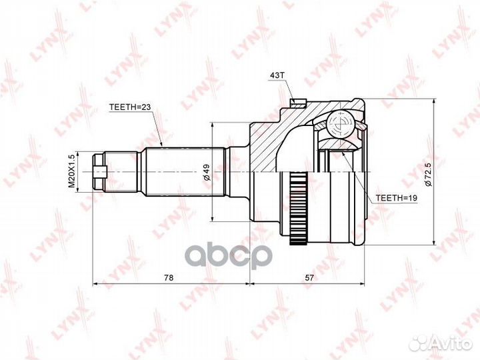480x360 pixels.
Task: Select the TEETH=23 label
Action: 131,106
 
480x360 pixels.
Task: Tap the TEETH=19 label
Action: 396,198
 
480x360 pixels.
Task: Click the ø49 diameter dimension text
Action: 207,171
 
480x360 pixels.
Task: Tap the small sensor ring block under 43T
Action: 298,103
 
